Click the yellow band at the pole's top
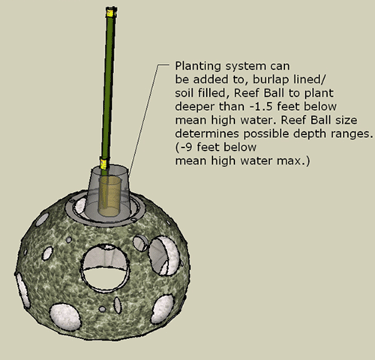(x=111, y=12)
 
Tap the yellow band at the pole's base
(x=103, y=163)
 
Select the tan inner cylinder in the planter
(x=110, y=196)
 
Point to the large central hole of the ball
(x=104, y=268)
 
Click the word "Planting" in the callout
(x=198, y=67)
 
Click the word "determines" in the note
(x=207, y=133)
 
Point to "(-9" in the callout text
(x=184, y=148)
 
